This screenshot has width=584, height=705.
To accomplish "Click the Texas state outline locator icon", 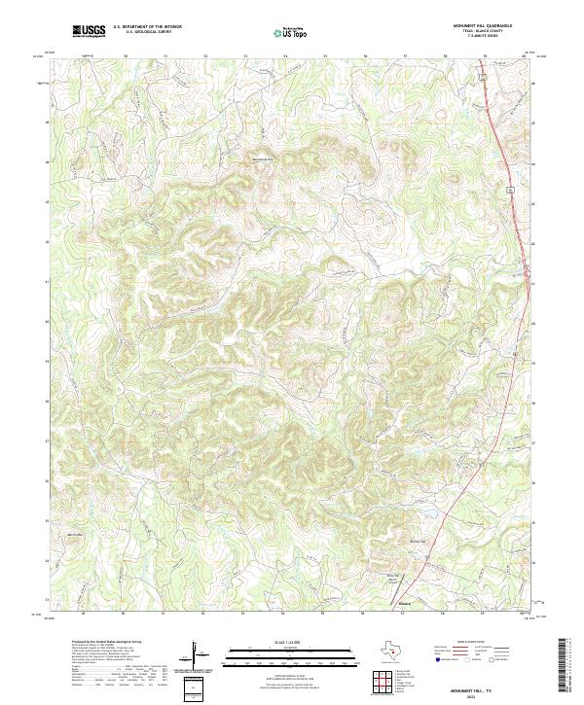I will (392, 651).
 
